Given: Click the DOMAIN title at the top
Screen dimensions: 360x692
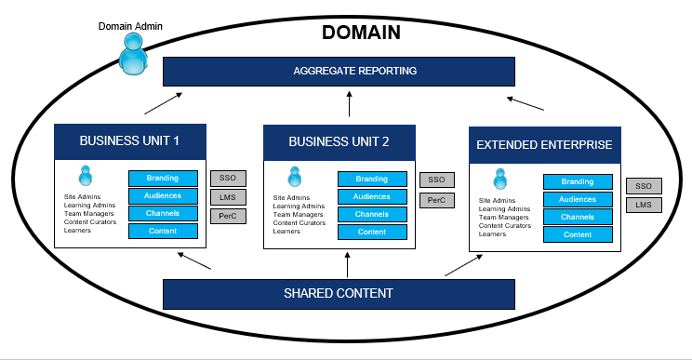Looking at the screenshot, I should click(x=361, y=33).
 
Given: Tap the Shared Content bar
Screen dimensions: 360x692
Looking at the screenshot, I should click(x=339, y=294).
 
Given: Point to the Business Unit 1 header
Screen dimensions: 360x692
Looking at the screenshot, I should click(x=128, y=141).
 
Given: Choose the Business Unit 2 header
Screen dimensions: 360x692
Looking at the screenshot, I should click(x=339, y=142).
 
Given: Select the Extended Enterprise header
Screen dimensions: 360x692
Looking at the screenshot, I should click(x=544, y=145).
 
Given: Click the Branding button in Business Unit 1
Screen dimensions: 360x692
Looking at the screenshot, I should click(x=163, y=179).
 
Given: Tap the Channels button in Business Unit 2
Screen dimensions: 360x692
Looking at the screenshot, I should click(x=372, y=215).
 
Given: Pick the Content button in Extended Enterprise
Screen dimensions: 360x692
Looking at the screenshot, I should click(x=578, y=234).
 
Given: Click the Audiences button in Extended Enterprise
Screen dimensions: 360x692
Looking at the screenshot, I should click(x=578, y=200).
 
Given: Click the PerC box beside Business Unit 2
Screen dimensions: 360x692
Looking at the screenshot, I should click(x=435, y=200).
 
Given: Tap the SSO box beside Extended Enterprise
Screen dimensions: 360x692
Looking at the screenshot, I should click(x=644, y=186).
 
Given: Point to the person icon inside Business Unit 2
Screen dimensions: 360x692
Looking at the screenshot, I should click(x=295, y=177).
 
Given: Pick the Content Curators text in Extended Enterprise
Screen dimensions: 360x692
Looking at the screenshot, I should click(x=505, y=225).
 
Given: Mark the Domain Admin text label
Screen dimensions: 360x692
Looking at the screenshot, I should click(x=130, y=25).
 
